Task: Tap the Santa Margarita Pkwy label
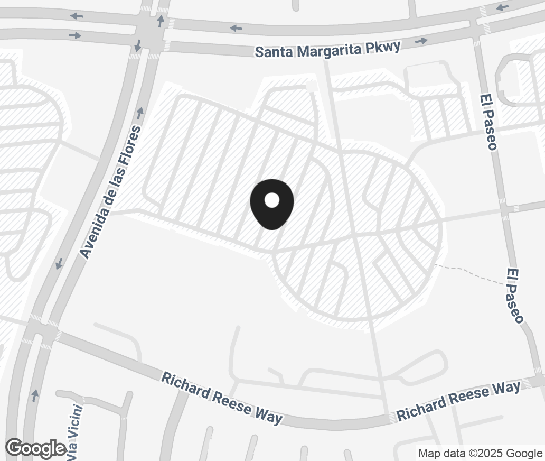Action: coord(327,49)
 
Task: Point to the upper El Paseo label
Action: coord(488,122)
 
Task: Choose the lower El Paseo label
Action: coord(514,296)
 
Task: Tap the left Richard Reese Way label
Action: coord(222,398)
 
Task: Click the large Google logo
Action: coord(35,448)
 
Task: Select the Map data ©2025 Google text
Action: coord(480,453)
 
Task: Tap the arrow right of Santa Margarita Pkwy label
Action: coord(421,41)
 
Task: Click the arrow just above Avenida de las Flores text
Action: coord(140,112)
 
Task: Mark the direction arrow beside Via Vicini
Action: coord(35,394)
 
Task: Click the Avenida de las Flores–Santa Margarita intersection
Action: coord(151,33)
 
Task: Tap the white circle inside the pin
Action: coord(271,200)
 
